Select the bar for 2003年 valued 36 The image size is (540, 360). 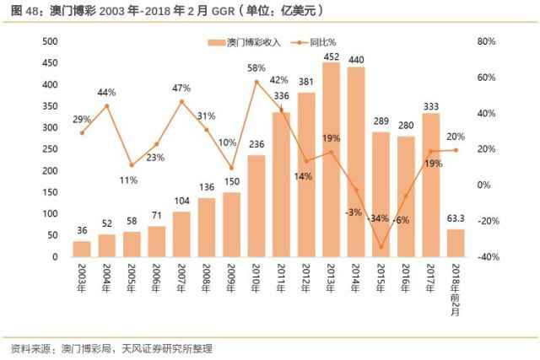82,249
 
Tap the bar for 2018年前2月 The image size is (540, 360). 455,243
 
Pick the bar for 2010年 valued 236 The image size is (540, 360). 256,206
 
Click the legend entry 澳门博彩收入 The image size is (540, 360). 245,41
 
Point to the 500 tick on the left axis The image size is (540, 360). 49,41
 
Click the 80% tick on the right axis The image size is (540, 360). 488,41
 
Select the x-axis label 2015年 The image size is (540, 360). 381,277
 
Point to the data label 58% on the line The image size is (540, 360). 256,67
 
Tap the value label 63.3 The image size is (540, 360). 455,220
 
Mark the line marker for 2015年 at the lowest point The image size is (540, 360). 381,247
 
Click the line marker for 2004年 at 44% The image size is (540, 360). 106,105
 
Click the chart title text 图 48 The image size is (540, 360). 25,11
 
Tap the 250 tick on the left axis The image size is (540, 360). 49,149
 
